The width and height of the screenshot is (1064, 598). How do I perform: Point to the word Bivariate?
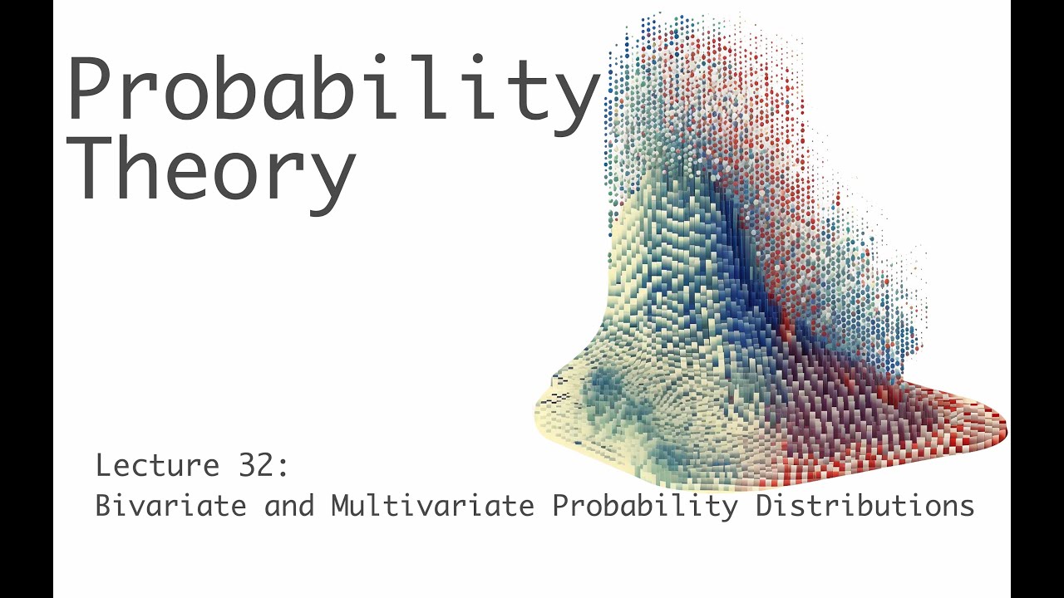click(171, 505)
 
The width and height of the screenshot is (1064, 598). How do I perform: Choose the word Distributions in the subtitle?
click(864, 505)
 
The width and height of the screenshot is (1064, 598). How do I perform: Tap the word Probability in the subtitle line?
click(645, 505)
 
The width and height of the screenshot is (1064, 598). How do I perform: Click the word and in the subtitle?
click(289, 505)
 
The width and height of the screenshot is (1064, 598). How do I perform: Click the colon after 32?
click(283, 468)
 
